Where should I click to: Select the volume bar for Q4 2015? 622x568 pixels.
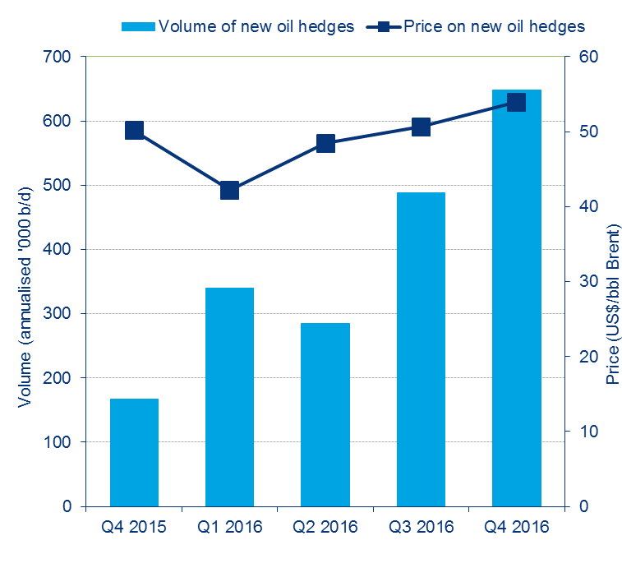(x=134, y=452)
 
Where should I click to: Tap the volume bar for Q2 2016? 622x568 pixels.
(x=325, y=414)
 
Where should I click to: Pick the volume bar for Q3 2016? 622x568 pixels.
(x=421, y=349)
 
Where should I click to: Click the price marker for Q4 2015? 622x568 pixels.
(x=135, y=130)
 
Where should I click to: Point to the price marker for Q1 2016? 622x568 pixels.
(x=230, y=191)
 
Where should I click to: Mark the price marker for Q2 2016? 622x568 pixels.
(x=325, y=144)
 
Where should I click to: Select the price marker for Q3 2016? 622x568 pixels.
(x=421, y=127)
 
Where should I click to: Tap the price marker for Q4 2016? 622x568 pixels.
(x=516, y=102)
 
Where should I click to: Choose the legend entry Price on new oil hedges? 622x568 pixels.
(x=493, y=26)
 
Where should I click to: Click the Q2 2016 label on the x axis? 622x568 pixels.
(x=325, y=527)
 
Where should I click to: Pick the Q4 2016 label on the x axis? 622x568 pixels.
(x=516, y=527)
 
